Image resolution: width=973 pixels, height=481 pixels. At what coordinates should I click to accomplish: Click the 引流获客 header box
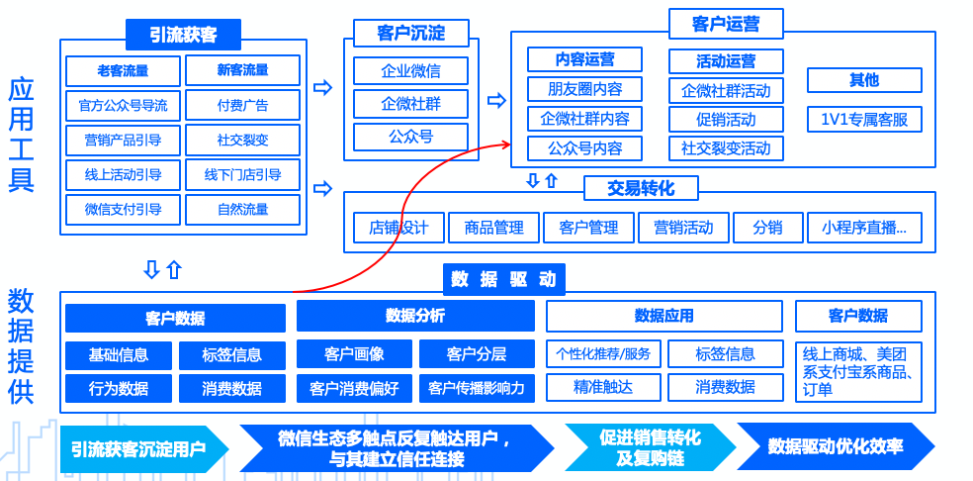183,35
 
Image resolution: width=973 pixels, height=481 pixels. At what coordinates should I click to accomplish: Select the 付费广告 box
242,104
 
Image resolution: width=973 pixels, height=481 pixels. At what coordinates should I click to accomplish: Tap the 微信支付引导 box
123,209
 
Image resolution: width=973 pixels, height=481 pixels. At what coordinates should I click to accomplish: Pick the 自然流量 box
242,209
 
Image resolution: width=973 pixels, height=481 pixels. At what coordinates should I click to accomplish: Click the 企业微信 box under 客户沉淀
410,71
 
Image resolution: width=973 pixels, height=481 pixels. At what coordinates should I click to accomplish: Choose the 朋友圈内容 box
584,89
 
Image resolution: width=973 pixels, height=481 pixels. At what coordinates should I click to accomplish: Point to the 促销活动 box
726,119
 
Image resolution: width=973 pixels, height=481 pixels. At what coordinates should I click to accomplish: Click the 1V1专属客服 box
864,119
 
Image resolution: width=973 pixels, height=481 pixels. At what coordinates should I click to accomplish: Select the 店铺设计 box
398,228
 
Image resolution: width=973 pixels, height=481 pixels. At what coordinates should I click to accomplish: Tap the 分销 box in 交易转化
767,228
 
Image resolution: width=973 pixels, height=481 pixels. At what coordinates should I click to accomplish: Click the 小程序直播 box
864,228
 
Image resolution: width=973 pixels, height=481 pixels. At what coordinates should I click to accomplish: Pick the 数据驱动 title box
503,279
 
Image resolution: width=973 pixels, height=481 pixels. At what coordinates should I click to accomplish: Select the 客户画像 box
354,354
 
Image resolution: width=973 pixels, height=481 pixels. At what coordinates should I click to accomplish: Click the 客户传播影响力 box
477,388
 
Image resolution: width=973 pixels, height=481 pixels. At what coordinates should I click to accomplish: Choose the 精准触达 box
603,387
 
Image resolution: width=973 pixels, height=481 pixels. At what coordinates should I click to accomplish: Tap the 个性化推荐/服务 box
603,354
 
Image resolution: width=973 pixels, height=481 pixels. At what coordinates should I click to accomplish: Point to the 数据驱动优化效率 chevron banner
835,446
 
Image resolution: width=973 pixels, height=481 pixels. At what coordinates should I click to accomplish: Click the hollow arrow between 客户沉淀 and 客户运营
496,100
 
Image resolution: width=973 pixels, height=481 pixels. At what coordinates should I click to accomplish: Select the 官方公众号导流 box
123,104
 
